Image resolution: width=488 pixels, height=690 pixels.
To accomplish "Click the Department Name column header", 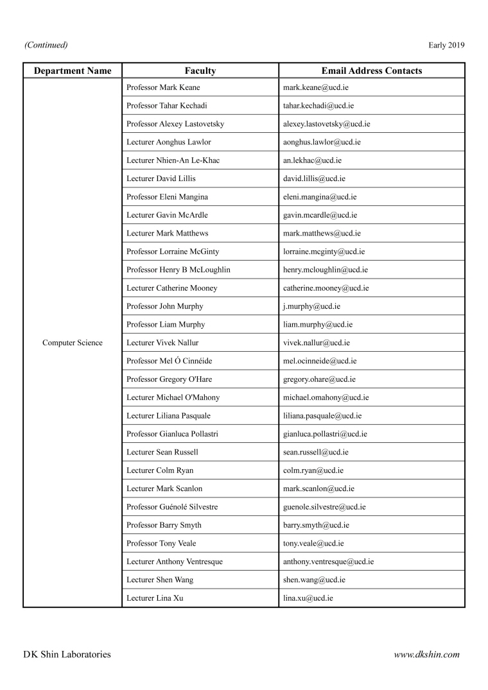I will (73, 71).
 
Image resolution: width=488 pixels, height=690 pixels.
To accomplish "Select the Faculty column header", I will (200, 71).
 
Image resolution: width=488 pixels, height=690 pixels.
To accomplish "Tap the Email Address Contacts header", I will (371, 71).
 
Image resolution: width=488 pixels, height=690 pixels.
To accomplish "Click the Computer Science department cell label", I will (73, 343).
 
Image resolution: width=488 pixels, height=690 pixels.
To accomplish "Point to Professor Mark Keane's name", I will (163, 87).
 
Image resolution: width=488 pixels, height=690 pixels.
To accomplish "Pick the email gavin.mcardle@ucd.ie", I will (320, 215).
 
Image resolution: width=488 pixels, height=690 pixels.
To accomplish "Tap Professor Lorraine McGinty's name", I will (173, 252).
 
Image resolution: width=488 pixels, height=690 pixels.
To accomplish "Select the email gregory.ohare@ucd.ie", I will (319, 379).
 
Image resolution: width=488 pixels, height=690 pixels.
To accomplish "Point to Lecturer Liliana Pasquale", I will (168, 416).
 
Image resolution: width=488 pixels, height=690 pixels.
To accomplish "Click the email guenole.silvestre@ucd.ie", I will (324, 507).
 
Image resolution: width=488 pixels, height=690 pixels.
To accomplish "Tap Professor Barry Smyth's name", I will (164, 525).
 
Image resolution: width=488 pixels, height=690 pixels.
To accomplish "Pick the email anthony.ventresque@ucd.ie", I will (328, 562).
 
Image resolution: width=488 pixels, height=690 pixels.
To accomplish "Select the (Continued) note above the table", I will (46, 45).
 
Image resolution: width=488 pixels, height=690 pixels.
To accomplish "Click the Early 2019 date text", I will (446, 45).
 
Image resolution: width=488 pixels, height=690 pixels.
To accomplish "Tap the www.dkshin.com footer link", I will (426, 655).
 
